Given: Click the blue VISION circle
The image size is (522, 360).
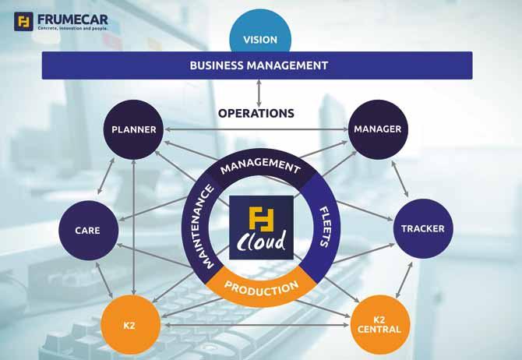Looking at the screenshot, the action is coord(260,37).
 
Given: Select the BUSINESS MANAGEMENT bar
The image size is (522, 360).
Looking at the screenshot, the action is coord(257,65).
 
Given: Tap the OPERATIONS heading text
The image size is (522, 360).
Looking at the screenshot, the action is coord(256,113).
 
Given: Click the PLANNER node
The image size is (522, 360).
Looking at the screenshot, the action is coord(134,129).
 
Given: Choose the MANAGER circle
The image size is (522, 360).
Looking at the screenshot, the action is coord(377,129).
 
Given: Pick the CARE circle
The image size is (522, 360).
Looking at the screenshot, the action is coord(86,230).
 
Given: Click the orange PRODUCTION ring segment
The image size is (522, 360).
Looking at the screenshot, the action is coord(261,288).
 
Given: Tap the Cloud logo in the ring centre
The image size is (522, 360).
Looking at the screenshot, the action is coord(261,227).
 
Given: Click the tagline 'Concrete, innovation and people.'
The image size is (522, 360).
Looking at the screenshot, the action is coord(73,28).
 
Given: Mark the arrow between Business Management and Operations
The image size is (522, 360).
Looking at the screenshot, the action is coord(259,90).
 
